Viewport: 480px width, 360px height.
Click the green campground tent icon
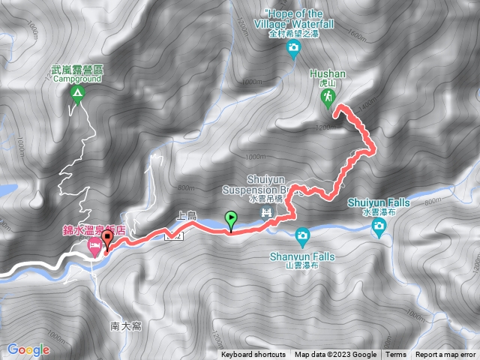(76, 94)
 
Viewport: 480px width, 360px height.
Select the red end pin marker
(106, 240)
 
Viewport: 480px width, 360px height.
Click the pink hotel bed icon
(94, 246)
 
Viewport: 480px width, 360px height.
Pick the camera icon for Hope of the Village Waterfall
(294, 50)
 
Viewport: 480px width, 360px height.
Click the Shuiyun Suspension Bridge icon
(265, 214)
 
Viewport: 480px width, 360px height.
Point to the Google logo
(28, 349)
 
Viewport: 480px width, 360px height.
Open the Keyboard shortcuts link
(253, 355)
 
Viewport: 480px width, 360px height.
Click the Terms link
(396, 355)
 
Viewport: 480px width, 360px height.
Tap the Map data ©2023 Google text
(335, 355)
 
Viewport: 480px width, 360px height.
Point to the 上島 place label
(185, 216)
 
